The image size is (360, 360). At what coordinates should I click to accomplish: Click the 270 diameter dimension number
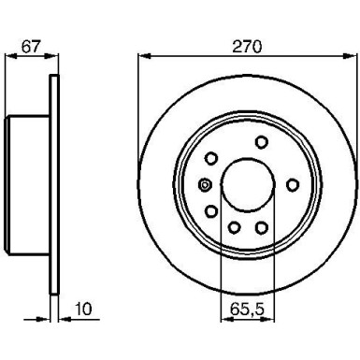(248, 47)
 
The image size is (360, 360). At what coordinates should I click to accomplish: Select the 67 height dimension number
(31, 47)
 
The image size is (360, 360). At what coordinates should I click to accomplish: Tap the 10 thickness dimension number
(83, 309)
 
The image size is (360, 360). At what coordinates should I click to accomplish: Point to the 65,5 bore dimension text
(247, 309)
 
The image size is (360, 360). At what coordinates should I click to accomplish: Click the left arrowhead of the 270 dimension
(145, 56)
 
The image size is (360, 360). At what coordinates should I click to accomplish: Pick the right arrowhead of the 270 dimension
(349, 56)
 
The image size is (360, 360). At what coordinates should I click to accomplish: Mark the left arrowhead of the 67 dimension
(12, 56)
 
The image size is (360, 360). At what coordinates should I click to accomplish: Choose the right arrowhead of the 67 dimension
(51, 56)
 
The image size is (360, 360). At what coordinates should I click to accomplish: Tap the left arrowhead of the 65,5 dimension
(227, 319)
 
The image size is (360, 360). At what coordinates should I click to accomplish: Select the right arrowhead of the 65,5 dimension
(267, 319)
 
